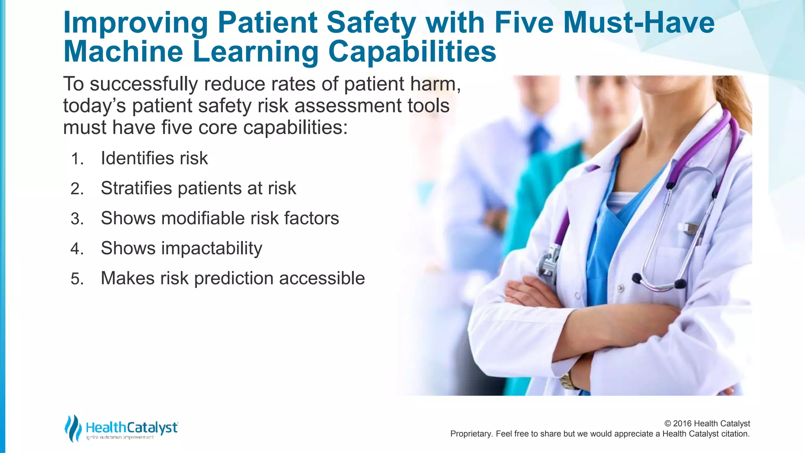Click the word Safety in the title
[x=371, y=23]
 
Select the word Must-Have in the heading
[x=639, y=23]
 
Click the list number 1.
[x=77, y=159]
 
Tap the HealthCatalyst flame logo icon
[x=73, y=428]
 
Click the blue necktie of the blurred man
[x=540, y=138]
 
